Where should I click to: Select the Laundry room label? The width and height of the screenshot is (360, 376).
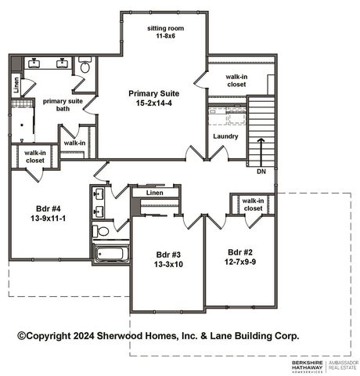click(225, 136)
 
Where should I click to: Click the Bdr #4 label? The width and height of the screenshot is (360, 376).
click(47, 208)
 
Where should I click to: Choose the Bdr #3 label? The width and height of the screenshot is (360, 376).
click(168, 255)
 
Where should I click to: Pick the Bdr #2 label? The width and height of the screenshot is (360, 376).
click(239, 251)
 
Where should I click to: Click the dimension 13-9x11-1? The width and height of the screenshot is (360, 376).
click(48, 219)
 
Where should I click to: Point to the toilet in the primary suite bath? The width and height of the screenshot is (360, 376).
click(85, 65)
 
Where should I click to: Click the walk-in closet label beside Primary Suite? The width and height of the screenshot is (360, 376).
click(238, 81)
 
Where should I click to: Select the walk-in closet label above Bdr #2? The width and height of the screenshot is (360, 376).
click(254, 204)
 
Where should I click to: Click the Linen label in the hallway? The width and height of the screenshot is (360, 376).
click(154, 192)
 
